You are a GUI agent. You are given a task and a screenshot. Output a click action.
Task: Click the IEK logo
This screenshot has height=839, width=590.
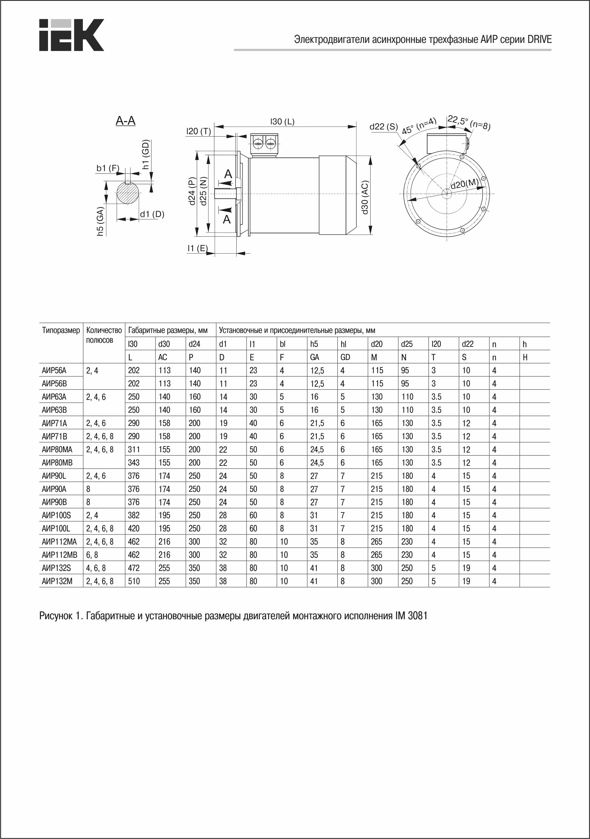pyautogui.click(x=71, y=35)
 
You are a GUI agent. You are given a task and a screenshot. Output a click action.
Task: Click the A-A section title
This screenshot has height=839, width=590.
pyautogui.click(x=125, y=121)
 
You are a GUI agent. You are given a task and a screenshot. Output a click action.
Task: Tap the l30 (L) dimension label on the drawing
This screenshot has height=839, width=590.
pyautogui.click(x=282, y=122)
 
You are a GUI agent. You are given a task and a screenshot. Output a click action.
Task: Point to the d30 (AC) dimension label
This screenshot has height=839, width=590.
pyautogui.click(x=364, y=197)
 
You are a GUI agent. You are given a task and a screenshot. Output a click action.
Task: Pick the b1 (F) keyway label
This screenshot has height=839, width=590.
pyautogui.click(x=108, y=168)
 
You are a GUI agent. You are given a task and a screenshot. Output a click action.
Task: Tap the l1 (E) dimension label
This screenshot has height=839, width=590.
pyautogui.click(x=197, y=248)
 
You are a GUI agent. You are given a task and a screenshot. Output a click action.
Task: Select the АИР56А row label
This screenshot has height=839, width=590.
pyautogui.click(x=54, y=370)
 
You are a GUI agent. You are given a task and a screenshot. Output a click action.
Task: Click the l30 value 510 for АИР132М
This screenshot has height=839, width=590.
pyautogui.click(x=134, y=581)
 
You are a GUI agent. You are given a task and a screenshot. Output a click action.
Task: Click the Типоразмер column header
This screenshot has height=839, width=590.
pyautogui.click(x=61, y=331)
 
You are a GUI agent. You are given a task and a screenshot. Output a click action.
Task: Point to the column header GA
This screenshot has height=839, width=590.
pyautogui.click(x=314, y=357)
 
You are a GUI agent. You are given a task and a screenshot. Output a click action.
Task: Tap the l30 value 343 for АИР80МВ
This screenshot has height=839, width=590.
pyautogui.click(x=134, y=463)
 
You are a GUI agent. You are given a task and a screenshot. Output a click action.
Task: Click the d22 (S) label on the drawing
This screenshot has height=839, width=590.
pyautogui.click(x=383, y=127)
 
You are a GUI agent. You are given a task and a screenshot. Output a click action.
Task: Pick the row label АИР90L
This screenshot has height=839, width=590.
pyautogui.click(x=54, y=476)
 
